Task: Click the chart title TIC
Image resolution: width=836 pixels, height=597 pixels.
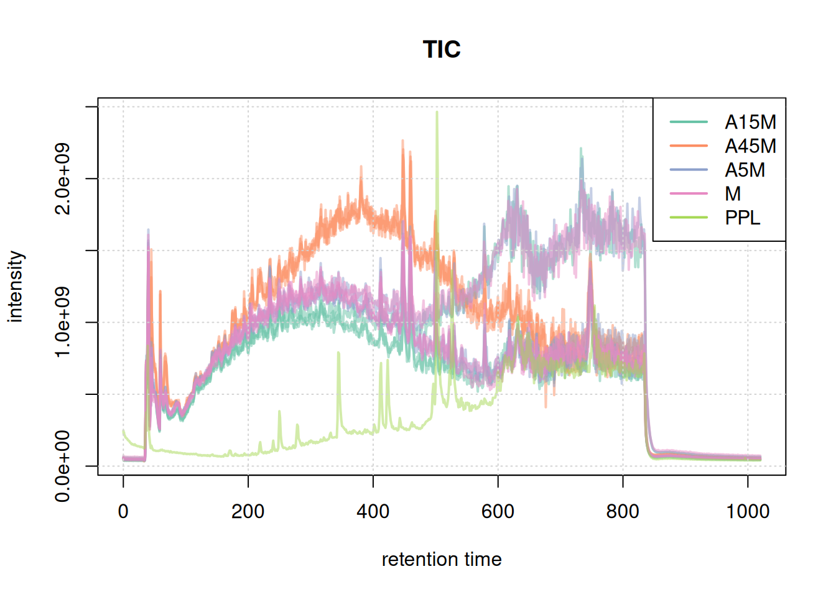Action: [442, 50]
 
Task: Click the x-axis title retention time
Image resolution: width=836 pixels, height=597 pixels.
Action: [442, 560]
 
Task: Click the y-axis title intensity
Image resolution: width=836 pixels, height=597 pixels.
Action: [16, 287]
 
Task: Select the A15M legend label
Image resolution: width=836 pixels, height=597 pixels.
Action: [750, 122]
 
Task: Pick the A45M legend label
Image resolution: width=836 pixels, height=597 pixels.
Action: [750, 146]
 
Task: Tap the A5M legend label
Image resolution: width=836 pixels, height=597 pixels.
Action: [745, 170]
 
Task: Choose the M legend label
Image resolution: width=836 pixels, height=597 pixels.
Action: [733, 194]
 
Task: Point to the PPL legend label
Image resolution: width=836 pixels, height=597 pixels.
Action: [742, 218]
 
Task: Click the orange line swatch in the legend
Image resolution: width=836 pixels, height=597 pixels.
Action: [689, 146]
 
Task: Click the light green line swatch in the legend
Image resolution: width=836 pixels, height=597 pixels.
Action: [689, 218]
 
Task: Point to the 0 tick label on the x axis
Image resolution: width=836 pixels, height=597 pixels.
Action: [123, 511]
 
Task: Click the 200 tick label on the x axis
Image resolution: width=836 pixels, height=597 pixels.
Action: [248, 511]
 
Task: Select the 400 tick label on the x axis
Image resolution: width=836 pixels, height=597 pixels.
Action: [373, 511]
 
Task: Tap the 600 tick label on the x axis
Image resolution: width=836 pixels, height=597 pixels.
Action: [498, 511]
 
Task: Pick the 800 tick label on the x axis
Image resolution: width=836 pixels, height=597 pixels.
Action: [623, 511]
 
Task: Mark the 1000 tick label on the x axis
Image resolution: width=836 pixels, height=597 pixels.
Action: [748, 511]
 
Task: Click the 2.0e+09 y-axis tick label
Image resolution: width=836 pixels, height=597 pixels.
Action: [63, 178]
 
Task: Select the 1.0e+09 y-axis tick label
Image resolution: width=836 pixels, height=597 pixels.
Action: [63, 322]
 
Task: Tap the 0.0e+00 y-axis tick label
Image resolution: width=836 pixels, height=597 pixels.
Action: [63, 466]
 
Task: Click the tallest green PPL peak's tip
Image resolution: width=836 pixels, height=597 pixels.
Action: [437, 113]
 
